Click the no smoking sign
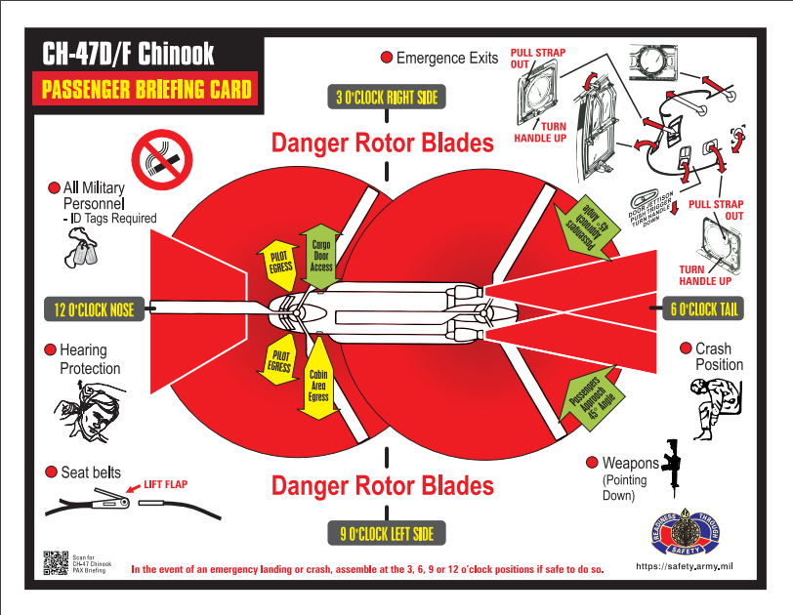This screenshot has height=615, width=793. (x=162, y=156)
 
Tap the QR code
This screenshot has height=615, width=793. (x=55, y=563)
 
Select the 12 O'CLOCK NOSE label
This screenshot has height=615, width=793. (x=95, y=310)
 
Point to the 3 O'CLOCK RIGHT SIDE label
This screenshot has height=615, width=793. (x=387, y=97)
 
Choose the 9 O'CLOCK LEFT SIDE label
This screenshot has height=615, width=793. (x=387, y=533)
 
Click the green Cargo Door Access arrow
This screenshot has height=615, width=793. (x=320, y=257)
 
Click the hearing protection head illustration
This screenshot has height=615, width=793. (x=84, y=411)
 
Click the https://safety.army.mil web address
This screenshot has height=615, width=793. (x=684, y=566)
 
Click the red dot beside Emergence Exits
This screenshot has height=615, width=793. (x=386, y=58)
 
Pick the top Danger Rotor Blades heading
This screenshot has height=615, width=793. (x=382, y=143)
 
